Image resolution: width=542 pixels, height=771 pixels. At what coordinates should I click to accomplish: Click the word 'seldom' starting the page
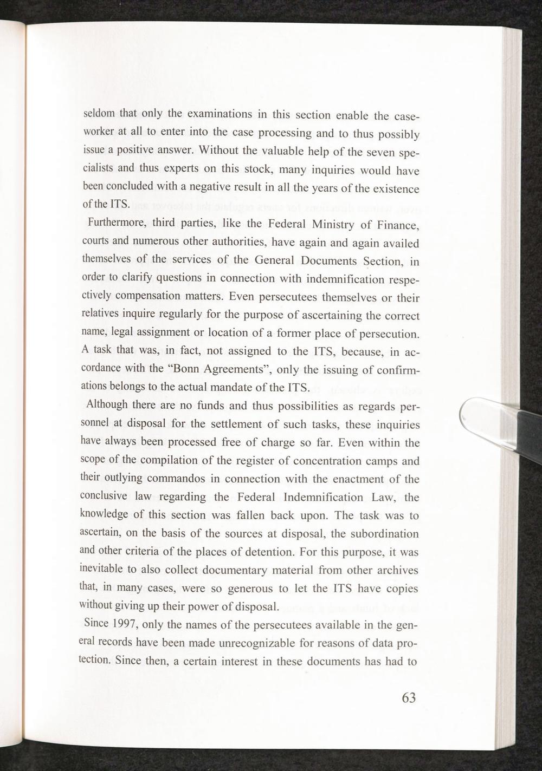click(99, 114)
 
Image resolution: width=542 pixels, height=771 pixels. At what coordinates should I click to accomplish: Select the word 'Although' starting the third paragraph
click(107, 405)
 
